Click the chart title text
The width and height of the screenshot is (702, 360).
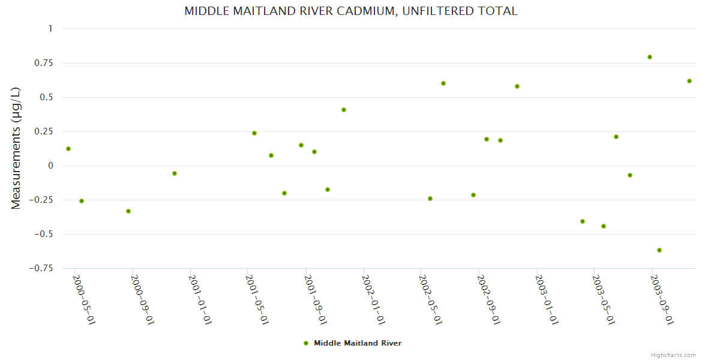tap(350, 11)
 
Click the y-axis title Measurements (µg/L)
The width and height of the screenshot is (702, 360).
tap(16, 148)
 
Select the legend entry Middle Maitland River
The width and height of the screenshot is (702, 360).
tap(357, 343)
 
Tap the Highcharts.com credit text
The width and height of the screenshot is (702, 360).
tap(673, 355)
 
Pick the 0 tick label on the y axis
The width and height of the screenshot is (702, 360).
tap(50, 166)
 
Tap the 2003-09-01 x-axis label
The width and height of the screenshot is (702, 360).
tap(662, 299)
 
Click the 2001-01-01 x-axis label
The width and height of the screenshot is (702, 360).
tap(200, 299)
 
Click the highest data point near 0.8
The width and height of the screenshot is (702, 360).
tap(650, 57)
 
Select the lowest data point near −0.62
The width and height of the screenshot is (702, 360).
tap(659, 250)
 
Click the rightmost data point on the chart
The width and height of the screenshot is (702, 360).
tap(689, 81)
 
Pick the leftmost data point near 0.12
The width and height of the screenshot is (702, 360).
tap(68, 149)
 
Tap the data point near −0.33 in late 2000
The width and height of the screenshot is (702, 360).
tap(128, 211)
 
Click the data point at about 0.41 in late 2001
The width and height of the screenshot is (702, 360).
tap(344, 110)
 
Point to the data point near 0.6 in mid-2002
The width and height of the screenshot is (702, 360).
tap(443, 83)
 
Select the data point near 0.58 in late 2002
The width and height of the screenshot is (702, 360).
tap(517, 86)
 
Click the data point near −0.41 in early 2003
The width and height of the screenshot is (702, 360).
tap(583, 221)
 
